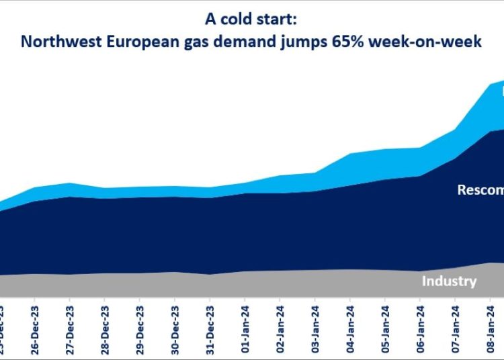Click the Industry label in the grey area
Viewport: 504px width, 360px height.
coord(449,281)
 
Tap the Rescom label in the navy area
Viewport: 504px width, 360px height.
coord(480,190)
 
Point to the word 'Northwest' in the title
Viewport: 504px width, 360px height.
coord(55,42)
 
